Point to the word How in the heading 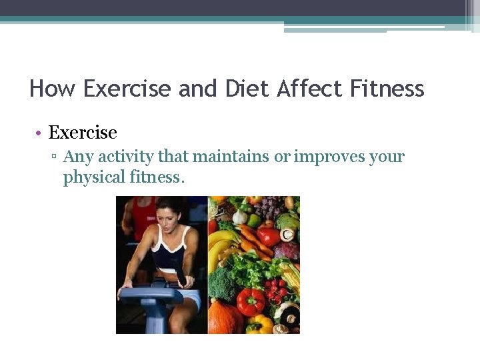pyautogui.click(x=52, y=89)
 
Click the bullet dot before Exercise pyautogui.click(x=40, y=133)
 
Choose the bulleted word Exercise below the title pyautogui.click(x=83, y=133)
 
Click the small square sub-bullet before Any pyautogui.click(x=55, y=157)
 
